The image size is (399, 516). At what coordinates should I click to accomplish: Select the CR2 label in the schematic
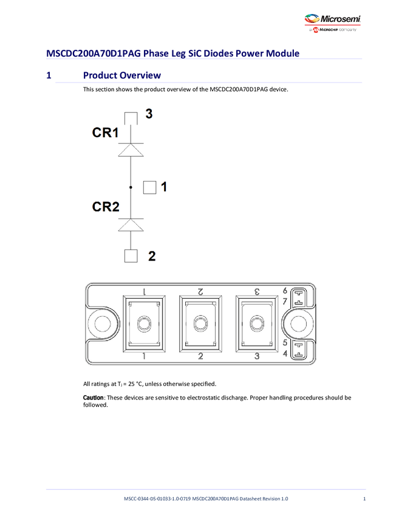105,207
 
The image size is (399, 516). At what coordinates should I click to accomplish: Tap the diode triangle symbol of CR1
131,150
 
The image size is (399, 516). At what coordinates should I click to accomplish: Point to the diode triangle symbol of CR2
131,225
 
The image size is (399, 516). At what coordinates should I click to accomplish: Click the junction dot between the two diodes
131,188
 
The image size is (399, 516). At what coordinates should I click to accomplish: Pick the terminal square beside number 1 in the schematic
149,188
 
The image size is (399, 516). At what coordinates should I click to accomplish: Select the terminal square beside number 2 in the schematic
131,256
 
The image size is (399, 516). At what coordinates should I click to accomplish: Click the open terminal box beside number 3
131,117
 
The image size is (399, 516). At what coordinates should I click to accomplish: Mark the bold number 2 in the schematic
152,256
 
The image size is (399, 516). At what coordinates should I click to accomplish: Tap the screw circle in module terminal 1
145,324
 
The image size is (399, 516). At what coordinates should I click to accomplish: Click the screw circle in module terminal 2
200,324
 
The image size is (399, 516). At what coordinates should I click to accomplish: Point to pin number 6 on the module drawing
285,290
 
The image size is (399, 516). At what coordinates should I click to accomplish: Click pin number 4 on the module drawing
285,353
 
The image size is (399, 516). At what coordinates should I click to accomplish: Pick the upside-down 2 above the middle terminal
200,291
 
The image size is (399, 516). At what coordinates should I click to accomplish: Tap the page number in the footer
364,499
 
